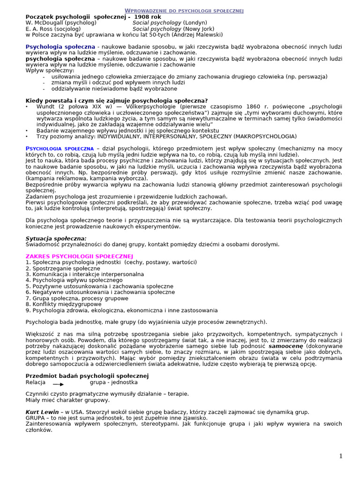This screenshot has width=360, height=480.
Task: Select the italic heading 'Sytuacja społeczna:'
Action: click(56, 238)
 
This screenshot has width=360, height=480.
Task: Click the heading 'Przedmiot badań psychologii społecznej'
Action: click(87, 375)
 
